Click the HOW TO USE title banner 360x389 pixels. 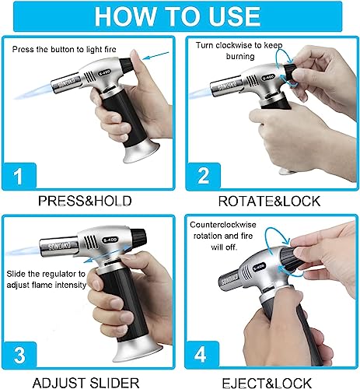click(180, 16)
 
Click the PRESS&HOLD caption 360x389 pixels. click(89, 200)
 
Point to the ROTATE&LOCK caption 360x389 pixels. click(271, 200)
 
